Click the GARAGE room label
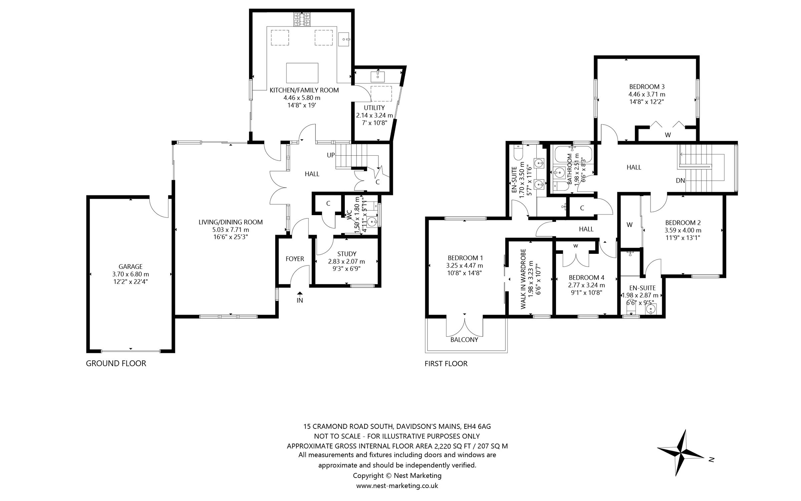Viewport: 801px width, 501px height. click(130, 267)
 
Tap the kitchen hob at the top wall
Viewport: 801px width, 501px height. click(302, 19)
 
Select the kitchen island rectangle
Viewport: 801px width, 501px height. click(302, 73)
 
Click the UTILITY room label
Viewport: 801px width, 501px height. click(374, 108)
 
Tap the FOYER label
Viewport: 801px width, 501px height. click(295, 259)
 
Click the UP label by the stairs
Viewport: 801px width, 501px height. click(331, 155)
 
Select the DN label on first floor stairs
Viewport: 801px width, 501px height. click(680, 181)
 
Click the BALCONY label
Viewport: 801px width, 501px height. click(464, 340)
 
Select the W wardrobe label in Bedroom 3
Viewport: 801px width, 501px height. click(667, 135)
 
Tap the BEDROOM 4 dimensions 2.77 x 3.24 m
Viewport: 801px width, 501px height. click(586, 285)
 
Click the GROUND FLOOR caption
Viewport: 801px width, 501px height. click(116, 363)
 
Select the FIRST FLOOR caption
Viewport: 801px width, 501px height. click(446, 364)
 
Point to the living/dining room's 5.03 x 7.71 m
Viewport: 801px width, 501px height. click(231, 230)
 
